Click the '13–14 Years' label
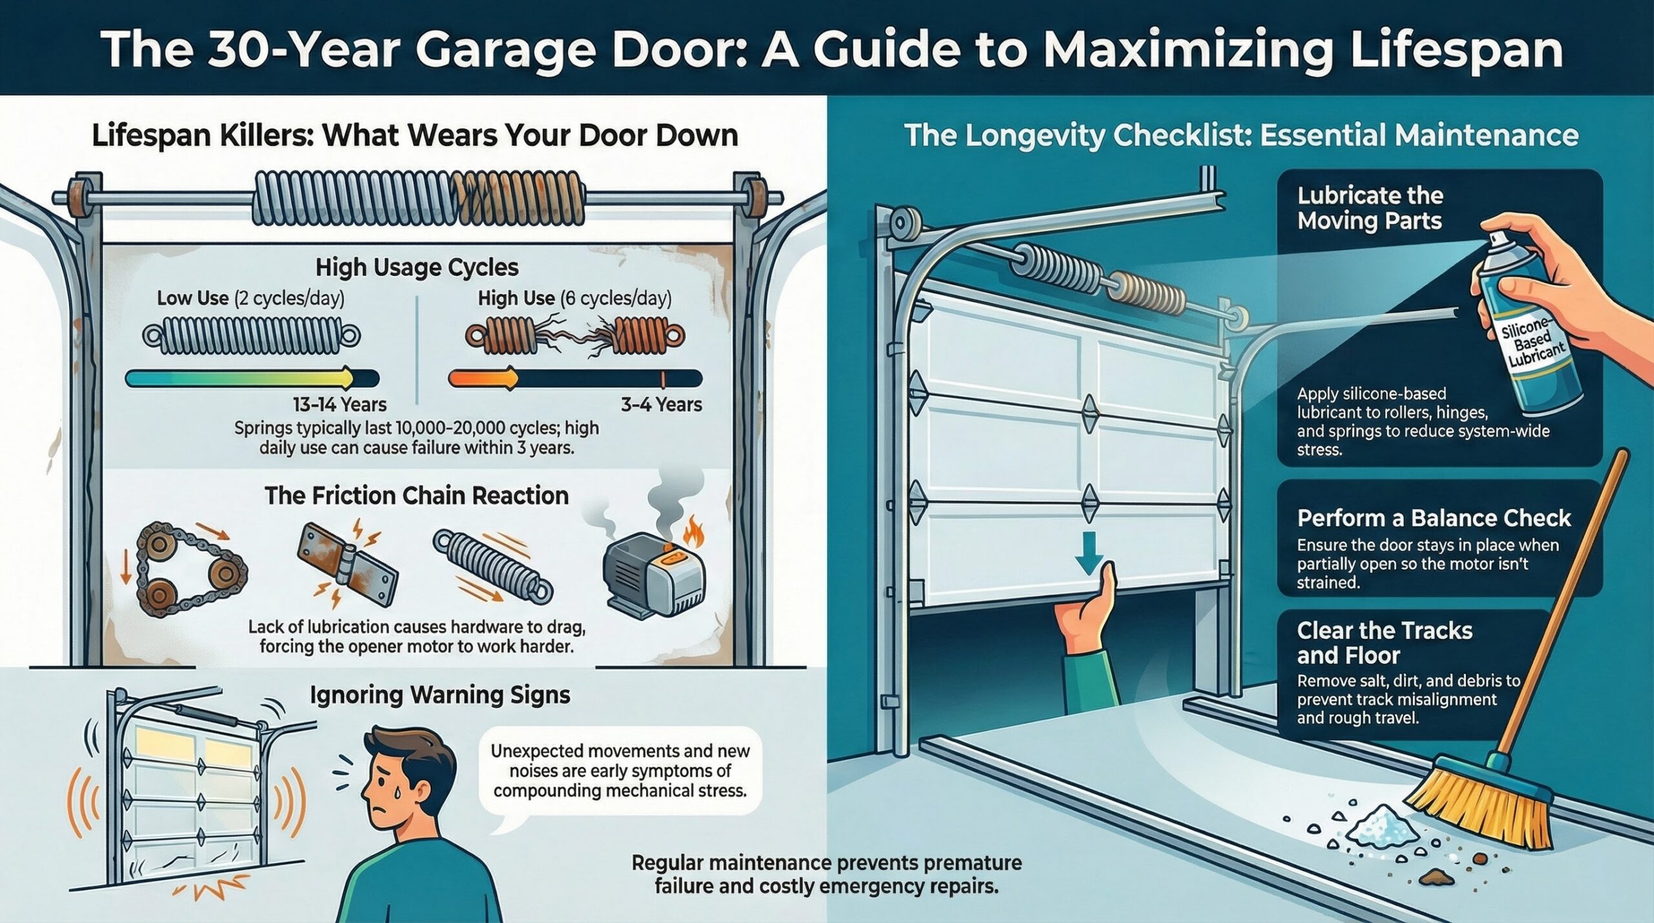pos(339,404)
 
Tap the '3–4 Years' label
pos(661,404)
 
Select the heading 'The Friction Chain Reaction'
pos(417,495)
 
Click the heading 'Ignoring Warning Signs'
pos(440,694)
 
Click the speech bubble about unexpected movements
pos(620,771)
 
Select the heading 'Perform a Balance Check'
pos(1433,518)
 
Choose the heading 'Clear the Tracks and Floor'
pos(1384,643)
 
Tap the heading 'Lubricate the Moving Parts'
pos(1370,208)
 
